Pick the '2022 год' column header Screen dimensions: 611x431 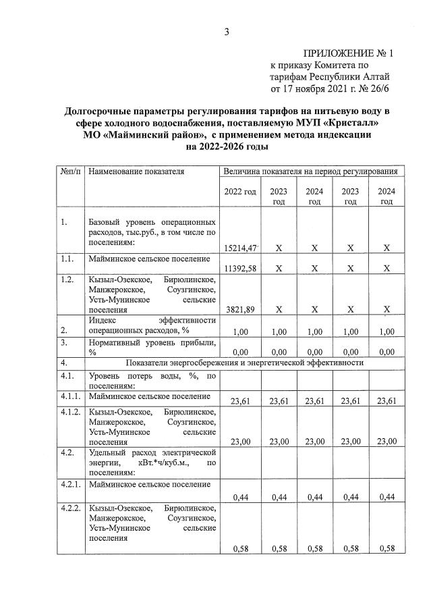point(240,192)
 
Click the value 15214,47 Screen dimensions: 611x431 point(240,248)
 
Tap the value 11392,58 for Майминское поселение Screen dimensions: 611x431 point(240,268)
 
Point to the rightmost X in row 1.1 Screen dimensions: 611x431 point(386,268)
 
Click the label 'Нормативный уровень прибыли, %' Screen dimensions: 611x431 point(151,347)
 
